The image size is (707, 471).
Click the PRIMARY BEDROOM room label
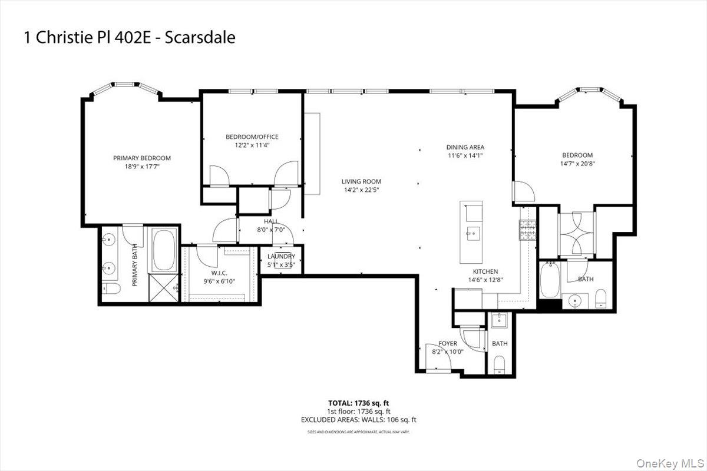(x=142, y=158)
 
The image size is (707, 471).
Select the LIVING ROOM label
(x=362, y=181)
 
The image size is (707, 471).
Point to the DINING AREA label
(x=465, y=147)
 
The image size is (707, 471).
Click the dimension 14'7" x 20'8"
(x=577, y=164)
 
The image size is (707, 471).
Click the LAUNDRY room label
(x=281, y=257)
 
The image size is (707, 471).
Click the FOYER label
(x=448, y=343)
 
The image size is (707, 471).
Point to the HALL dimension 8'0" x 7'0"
(x=271, y=230)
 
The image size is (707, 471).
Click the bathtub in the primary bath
(x=164, y=250)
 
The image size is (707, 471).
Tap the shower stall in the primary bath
(x=164, y=288)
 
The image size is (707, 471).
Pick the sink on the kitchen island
(x=472, y=233)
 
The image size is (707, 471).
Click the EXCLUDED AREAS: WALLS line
(x=359, y=420)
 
